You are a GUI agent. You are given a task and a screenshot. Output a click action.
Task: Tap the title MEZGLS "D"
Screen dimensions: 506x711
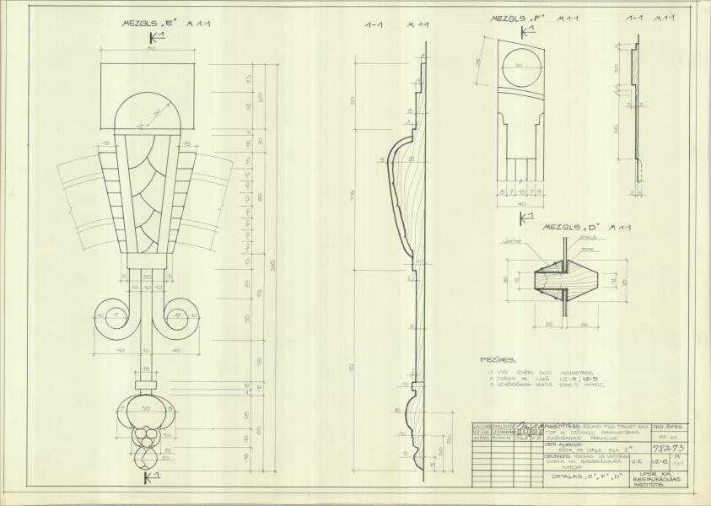point(582,227)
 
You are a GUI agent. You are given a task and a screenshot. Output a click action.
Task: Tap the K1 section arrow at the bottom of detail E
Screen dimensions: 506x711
point(152,478)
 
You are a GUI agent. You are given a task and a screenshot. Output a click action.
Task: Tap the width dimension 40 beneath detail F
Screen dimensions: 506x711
point(523,202)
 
